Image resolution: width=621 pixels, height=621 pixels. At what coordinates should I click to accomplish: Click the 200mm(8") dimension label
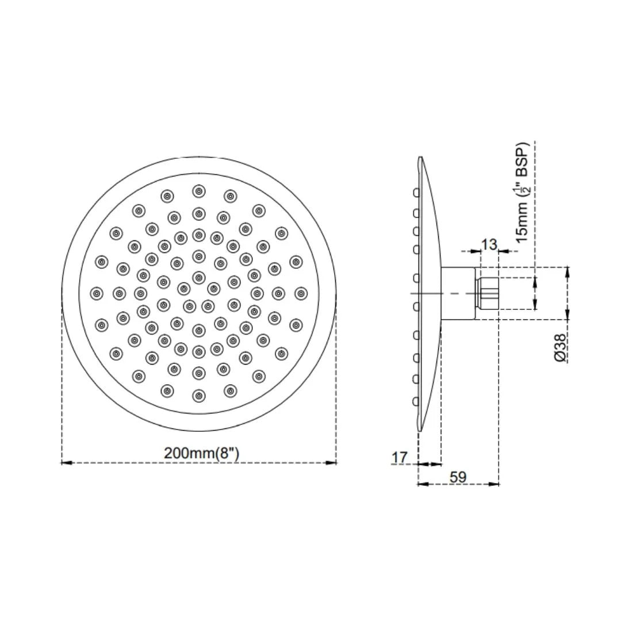point(201,453)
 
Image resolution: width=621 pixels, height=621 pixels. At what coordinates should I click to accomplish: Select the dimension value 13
point(489,245)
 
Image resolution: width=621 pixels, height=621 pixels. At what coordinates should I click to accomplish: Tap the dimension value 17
point(399,458)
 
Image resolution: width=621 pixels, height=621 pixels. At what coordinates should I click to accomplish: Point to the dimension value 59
point(458,477)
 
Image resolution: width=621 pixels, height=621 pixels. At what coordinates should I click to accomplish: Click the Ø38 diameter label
point(561,347)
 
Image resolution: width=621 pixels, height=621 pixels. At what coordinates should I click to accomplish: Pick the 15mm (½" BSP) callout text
point(522,192)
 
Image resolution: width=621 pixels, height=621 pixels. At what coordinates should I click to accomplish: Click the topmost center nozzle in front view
point(199,191)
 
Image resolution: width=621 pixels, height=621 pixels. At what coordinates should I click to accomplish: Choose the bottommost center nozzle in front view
point(199,396)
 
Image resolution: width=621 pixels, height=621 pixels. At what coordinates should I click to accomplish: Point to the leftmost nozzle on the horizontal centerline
point(97,293)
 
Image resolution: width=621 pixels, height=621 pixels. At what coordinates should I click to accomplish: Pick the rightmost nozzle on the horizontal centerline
point(300,293)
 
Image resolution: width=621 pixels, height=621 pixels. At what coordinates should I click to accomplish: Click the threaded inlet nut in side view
point(488,293)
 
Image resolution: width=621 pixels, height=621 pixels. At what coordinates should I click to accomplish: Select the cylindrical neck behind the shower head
point(459,293)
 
